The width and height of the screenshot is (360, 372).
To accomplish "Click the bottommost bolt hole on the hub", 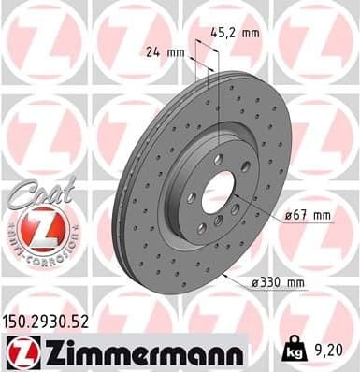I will [x=217, y=221].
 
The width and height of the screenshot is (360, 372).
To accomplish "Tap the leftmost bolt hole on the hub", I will [x=191, y=197].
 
